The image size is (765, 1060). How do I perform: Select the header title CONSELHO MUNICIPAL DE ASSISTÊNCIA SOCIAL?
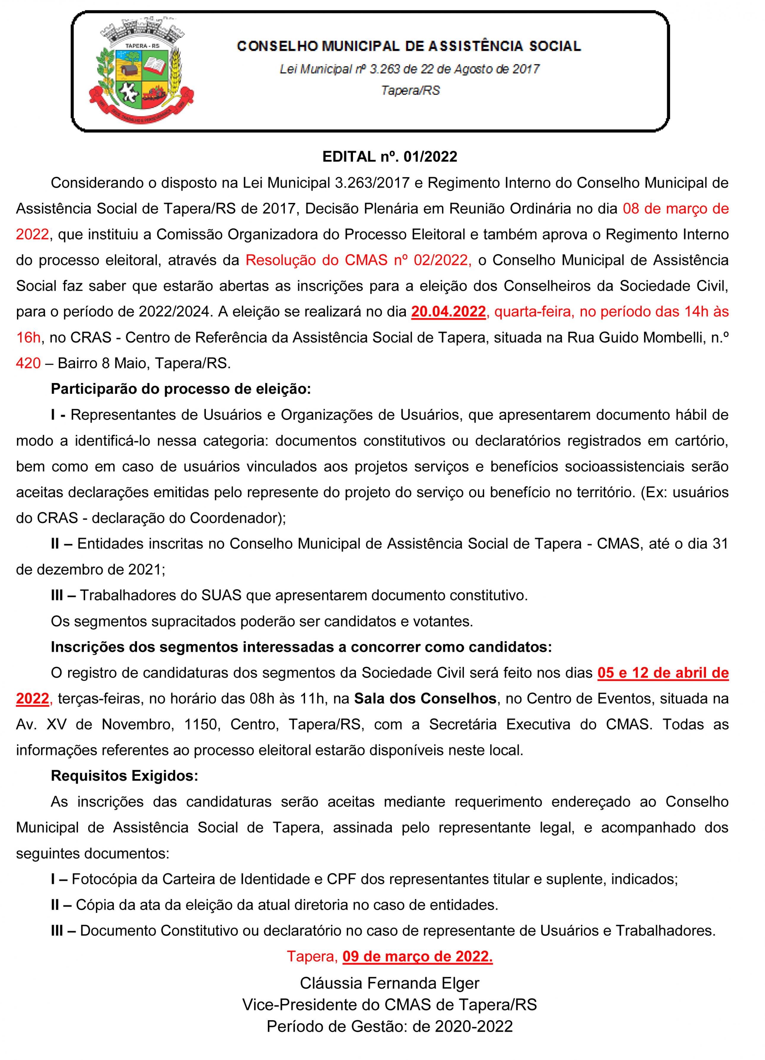click(x=409, y=46)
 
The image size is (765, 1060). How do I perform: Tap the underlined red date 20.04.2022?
click(x=448, y=312)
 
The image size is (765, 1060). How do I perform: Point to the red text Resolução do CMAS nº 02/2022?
click(x=358, y=260)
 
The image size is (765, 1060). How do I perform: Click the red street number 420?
click(x=28, y=363)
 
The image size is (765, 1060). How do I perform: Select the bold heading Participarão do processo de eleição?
click(x=180, y=389)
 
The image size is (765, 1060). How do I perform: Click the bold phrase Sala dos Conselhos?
click(x=425, y=698)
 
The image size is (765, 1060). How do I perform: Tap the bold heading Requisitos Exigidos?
click(x=124, y=776)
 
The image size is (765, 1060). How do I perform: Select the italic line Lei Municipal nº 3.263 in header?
click(x=409, y=69)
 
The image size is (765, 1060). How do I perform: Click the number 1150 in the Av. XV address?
click(x=201, y=724)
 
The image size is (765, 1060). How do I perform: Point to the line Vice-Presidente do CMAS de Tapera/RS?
click(x=389, y=1005)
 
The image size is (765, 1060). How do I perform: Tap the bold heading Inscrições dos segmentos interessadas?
click(x=301, y=647)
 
